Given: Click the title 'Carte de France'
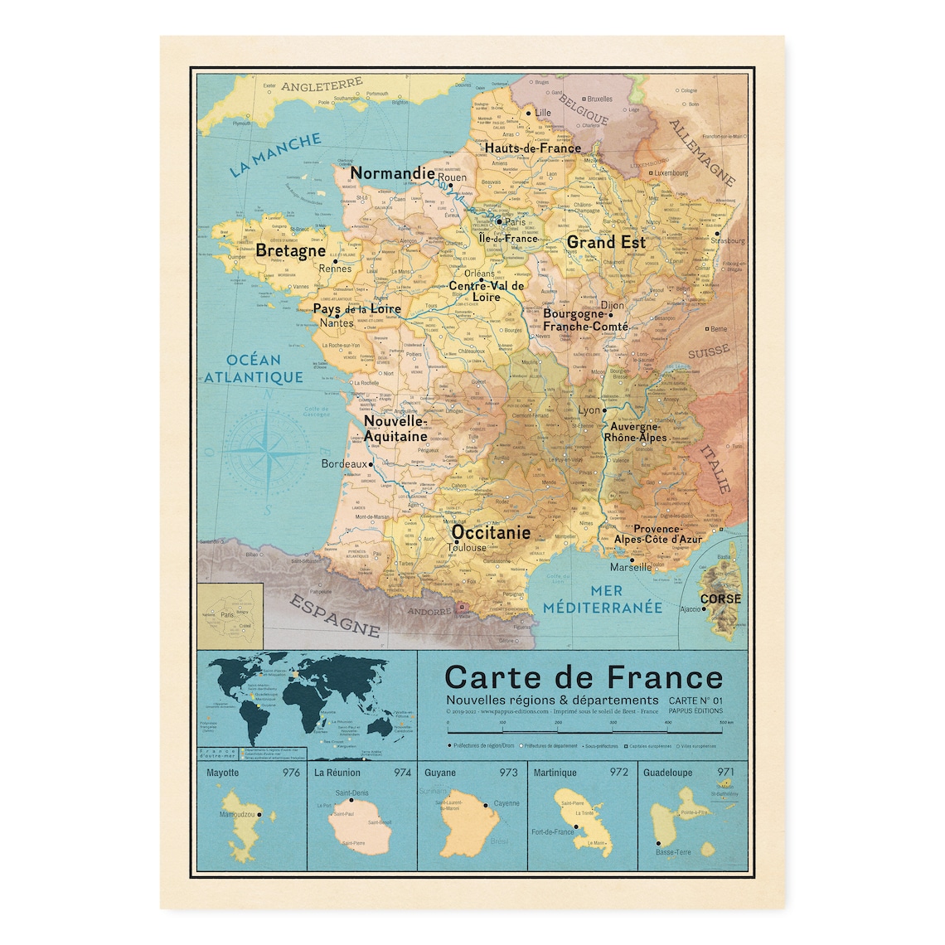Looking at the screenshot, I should pos(584,677).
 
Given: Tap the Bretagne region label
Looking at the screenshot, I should pos(290,250).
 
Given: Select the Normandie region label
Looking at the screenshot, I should pos(392,173).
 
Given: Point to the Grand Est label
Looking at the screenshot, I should pos(606,242).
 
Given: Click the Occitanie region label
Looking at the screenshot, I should pos(491,532).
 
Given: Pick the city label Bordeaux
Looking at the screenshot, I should pos(343,464).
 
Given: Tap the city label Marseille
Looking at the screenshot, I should pos(631,568).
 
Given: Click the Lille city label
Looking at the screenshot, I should pos(543,113).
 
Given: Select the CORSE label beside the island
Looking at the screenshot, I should pos(720,598).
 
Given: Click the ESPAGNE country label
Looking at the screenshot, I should pos(335,613).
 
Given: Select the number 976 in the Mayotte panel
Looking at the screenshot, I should pos(291,773).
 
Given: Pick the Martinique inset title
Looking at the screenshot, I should pos(555,773).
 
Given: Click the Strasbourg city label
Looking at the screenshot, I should pos(726,240).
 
